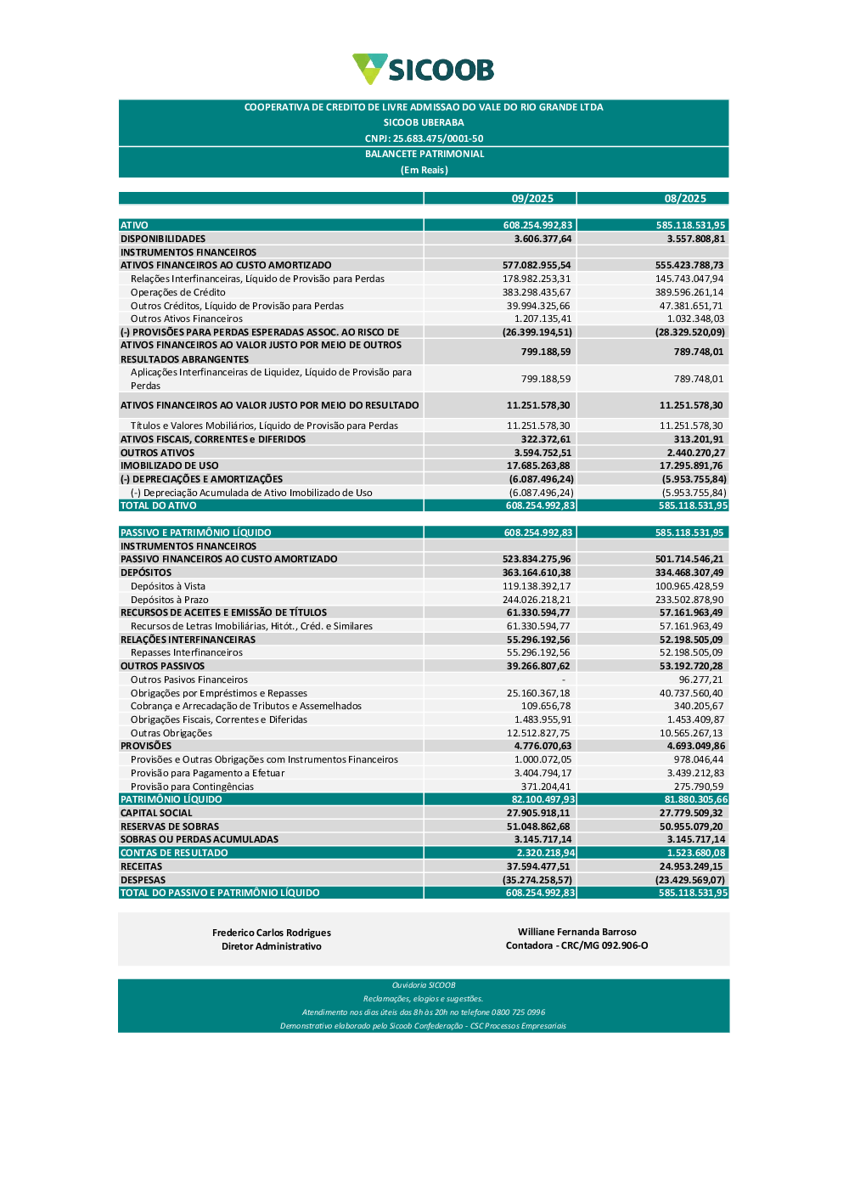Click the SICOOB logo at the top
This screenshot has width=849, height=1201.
(423, 69)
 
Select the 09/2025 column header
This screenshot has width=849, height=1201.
(532, 199)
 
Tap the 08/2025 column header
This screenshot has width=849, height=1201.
(685, 199)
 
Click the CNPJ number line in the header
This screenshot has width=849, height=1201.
(424, 138)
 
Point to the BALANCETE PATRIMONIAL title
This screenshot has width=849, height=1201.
(424, 154)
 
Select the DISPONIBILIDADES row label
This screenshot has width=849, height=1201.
(163, 239)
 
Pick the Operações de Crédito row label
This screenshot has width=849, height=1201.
(178, 292)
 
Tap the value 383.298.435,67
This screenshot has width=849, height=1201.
(537, 292)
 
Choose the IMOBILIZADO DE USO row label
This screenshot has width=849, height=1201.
(170, 465)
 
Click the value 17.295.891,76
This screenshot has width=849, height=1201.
(691, 465)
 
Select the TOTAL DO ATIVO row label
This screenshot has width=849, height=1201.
(159, 505)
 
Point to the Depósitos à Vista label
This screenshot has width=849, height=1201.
(168, 586)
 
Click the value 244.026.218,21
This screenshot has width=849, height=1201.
(537, 600)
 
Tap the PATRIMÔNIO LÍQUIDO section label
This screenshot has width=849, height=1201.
(171, 799)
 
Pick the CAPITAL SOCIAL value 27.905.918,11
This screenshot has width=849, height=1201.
(538, 813)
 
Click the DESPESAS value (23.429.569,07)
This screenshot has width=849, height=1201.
(690, 880)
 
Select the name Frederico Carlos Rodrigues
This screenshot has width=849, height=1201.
(272, 933)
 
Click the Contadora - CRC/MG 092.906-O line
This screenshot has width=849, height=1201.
(576, 945)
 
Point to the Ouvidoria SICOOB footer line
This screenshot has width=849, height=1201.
(424, 985)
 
